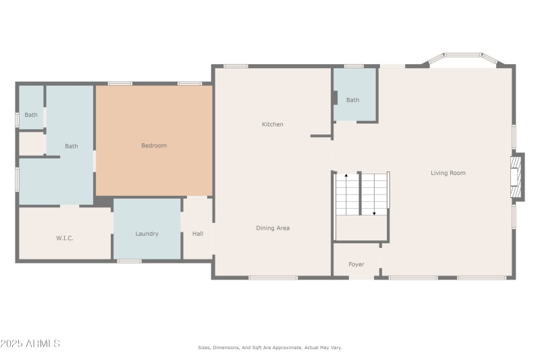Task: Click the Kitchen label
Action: tap(273, 124)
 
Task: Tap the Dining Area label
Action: tap(273, 228)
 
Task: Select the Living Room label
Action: tap(448, 173)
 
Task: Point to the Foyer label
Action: tap(356, 265)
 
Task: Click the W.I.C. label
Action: tap(65, 238)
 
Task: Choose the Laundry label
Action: tap(146, 234)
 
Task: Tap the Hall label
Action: tap(198, 234)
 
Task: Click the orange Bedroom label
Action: tap(154, 146)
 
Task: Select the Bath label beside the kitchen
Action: tap(352, 100)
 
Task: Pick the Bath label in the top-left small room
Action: tap(31, 115)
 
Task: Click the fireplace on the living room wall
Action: tap(517, 177)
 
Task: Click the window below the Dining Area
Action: tap(273, 278)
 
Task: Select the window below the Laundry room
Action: tap(129, 261)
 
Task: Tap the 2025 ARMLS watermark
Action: tap(30, 344)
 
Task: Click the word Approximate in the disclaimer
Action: tap(288, 348)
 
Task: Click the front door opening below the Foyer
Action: tap(361, 278)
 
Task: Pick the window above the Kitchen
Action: tap(236, 66)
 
